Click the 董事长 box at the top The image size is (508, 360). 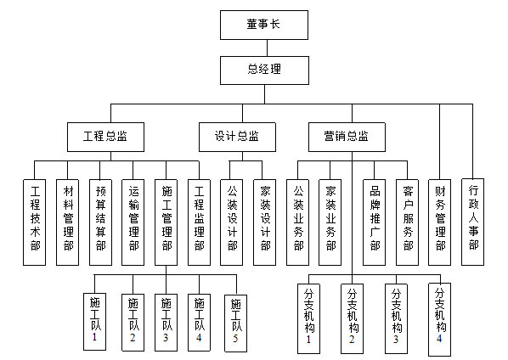(264, 25)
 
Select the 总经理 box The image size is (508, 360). (264, 70)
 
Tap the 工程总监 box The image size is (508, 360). (105, 137)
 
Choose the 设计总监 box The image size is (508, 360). (237, 137)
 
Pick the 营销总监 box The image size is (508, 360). (347, 137)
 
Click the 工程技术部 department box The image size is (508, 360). (34, 222)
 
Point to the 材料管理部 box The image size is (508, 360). (67, 222)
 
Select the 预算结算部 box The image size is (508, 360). (100, 222)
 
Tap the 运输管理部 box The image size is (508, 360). (133, 222)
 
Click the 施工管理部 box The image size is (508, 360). (166, 222)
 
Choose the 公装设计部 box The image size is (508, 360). (231, 222)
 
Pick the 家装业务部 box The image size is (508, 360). (330, 222)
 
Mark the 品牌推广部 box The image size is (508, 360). (374, 222)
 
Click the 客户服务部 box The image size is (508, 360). (407, 222)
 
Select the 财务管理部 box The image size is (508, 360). (440, 222)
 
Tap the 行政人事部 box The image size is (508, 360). (472, 222)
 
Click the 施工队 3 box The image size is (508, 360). (166, 323)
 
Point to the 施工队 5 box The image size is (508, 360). (235, 323)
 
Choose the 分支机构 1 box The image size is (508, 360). (308, 319)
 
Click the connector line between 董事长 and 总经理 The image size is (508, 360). (267, 48)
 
